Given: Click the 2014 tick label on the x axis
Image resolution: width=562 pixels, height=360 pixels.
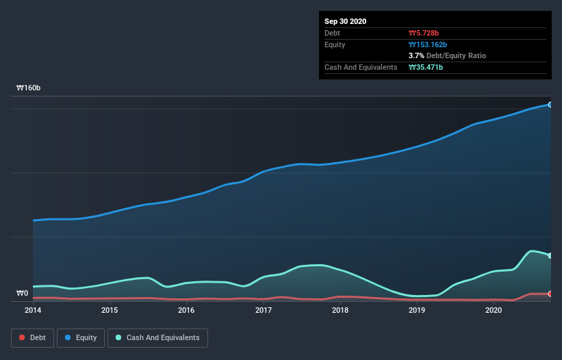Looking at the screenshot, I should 33,310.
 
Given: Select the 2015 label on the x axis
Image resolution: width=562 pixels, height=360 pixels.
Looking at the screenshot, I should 110,310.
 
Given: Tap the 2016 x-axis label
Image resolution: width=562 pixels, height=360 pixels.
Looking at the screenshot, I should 186,310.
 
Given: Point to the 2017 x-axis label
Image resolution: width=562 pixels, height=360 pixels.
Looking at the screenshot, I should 264,310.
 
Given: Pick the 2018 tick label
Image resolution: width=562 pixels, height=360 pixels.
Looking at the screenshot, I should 340,310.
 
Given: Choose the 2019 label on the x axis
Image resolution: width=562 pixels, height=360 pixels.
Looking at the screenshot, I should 417,310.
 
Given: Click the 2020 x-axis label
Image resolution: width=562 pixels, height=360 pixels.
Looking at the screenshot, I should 494,310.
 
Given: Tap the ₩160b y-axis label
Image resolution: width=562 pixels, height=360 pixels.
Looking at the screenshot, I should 29,88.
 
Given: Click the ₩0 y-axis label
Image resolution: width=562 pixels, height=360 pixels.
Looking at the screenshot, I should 23,294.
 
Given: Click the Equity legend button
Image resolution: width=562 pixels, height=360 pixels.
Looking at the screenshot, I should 81,337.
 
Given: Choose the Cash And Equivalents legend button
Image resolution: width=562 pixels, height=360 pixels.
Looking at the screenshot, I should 157,337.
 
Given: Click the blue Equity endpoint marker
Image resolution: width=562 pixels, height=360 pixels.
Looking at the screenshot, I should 550,105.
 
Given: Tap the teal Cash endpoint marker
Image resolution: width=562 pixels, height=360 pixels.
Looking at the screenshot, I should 550,255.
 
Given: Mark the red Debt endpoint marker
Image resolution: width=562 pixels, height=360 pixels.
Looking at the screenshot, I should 550,294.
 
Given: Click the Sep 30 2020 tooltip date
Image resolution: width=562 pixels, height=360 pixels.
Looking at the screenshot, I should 345,21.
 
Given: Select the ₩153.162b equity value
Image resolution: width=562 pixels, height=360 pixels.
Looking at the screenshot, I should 428,44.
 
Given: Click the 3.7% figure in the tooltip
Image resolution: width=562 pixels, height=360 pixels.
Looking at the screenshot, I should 416,55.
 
